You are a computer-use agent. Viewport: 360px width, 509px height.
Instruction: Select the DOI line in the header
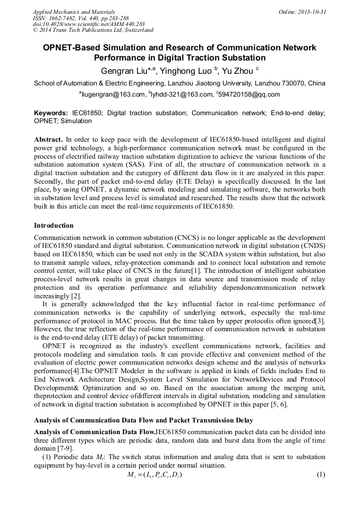pyautogui.click(x=89, y=24)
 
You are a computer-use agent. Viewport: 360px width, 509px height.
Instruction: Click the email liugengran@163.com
pyautogui.click(x=113, y=94)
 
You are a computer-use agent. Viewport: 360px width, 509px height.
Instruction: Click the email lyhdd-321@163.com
pyautogui.click(x=182, y=94)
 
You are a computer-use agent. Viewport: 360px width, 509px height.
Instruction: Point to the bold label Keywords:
pyautogui.click(x=51, y=113)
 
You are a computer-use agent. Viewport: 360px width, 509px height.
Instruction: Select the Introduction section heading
pyautogui.click(x=54, y=226)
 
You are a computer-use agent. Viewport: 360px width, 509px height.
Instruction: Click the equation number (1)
pyautogui.click(x=321, y=474)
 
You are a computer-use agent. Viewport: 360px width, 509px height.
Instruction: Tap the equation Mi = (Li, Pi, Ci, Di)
pyautogui.click(x=155, y=475)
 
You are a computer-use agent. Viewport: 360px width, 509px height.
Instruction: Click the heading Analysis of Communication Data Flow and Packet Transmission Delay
pyautogui.click(x=143, y=420)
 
